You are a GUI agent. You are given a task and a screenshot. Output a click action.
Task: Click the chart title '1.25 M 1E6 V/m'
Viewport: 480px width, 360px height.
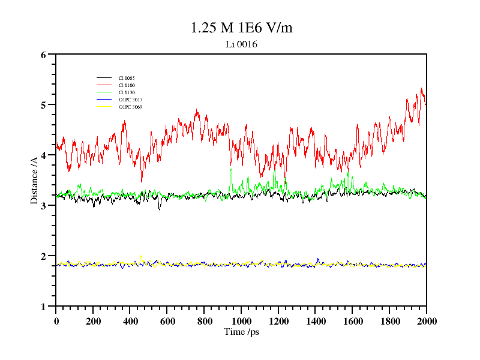241,28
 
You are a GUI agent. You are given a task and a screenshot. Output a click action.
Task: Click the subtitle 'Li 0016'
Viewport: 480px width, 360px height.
241,44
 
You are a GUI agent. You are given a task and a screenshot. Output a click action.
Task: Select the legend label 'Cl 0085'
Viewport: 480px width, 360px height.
127,78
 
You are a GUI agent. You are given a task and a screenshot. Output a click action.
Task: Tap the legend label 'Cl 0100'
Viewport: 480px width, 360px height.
127,85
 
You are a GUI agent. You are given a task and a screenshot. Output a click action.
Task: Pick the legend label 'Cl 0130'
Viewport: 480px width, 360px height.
127,92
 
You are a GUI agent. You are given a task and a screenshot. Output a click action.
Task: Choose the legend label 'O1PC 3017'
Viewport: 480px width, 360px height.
130,100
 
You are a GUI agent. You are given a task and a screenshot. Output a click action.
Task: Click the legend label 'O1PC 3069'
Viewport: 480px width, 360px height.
130,107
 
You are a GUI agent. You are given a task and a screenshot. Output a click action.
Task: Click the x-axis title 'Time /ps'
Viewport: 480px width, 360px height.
241,331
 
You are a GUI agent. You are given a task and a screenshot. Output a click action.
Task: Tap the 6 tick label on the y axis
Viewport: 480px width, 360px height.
43,55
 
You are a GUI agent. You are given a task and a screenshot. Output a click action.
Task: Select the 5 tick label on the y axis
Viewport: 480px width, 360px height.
43,105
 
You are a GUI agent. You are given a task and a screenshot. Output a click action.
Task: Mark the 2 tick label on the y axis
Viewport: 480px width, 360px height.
43,256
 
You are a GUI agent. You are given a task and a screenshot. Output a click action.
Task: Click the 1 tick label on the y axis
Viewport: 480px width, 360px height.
43,307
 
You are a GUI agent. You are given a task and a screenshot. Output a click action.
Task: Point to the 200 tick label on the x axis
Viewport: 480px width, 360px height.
93,321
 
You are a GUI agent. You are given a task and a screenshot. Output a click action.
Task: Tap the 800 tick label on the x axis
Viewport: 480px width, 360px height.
204,321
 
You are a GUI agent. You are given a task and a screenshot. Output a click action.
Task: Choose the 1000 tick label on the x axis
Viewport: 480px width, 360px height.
241,321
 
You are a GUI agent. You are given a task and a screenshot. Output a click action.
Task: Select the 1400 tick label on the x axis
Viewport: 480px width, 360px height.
316,321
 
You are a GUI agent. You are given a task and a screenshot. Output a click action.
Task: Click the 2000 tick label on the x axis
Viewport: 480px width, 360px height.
427,321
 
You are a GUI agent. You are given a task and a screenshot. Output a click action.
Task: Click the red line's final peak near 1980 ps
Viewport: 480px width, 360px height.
422,89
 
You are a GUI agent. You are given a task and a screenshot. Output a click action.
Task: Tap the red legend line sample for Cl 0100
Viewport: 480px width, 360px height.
104,85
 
